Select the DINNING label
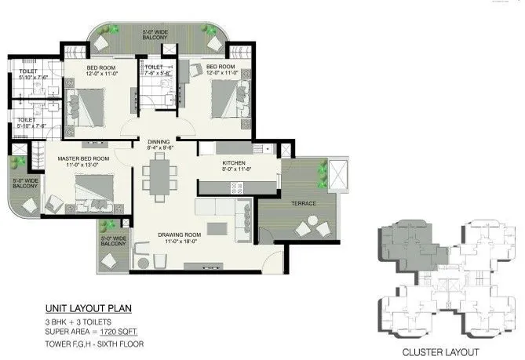pyautogui.click(x=160, y=142)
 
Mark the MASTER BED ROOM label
pyautogui.click(x=83, y=158)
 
